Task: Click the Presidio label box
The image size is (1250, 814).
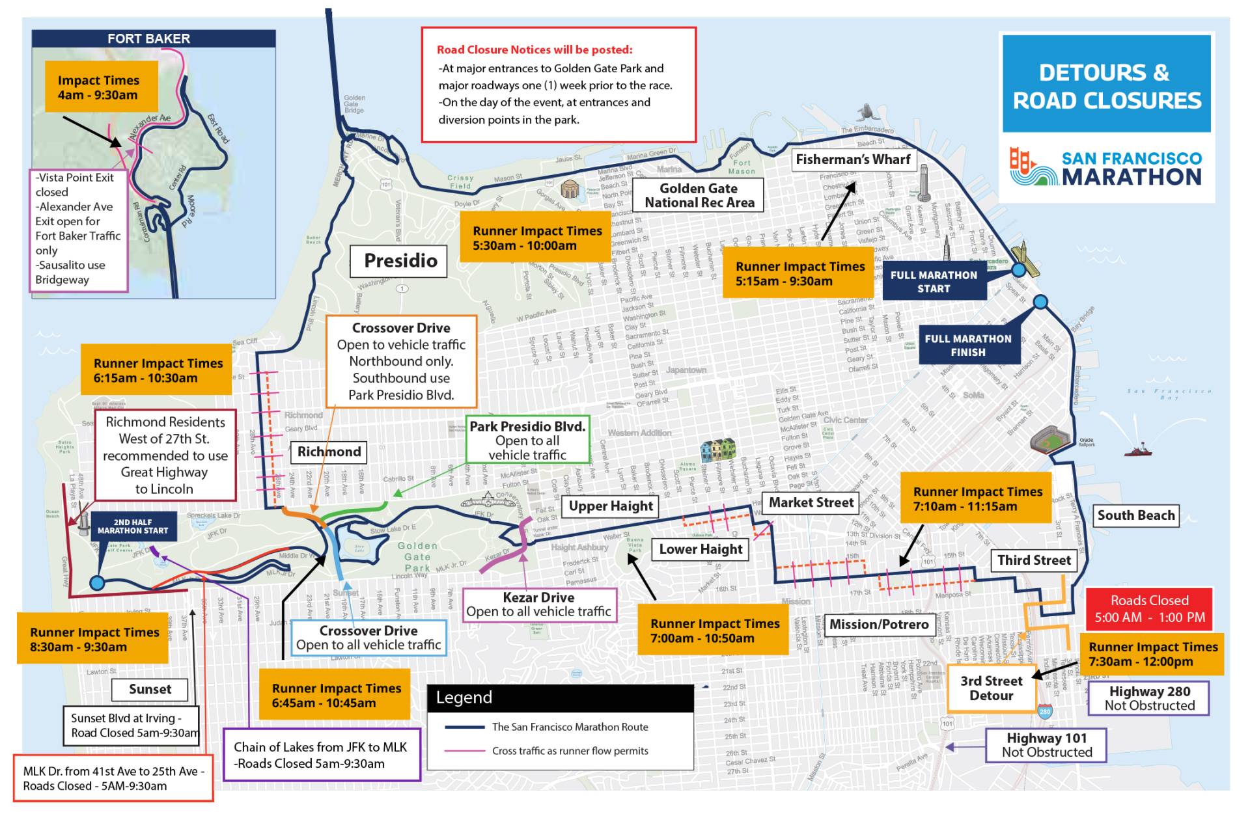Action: pyautogui.click(x=399, y=261)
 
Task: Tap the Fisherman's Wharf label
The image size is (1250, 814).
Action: pyautogui.click(x=853, y=159)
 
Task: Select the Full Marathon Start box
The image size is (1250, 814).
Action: pyautogui.click(x=934, y=282)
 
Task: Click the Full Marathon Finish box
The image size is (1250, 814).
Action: pyautogui.click(x=968, y=345)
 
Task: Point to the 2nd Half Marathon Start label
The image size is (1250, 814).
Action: pyautogui.click(x=133, y=526)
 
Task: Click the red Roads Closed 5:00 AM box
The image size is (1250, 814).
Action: pyautogui.click(x=1149, y=609)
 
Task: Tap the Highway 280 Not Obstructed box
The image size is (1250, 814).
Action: pyautogui.click(x=1149, y=698)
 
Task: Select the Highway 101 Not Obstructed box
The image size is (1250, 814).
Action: pyautogui.click(x=1046, y=745)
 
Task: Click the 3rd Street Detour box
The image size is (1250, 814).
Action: pyautogui.click(x=991, y=688)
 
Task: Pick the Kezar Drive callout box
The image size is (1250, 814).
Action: pyautogui.click(x=538, y=604)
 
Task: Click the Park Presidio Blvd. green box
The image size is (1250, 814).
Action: pyautogui.click(x=527, y=441)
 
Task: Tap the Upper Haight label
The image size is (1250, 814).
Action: pyautogui.click(x=610, y=506)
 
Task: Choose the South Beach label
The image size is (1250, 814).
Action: pyautogui.click(x=1136, y=515)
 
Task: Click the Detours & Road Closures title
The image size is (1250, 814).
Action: pyautogui.click(x=1106, y=86)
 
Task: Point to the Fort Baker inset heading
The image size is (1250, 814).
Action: pyautogui.click(x=149, y=38)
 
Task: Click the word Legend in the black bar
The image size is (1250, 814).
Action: pyautogui.click(x=464, y=698)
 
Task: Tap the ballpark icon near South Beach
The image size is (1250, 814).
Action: pyautogui.click(x=1049, y=440)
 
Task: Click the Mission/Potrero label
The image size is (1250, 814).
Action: pyautogui.click(x=878, y=625)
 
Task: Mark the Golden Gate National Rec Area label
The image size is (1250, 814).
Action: pyautogui.click(x=699, y=195)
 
